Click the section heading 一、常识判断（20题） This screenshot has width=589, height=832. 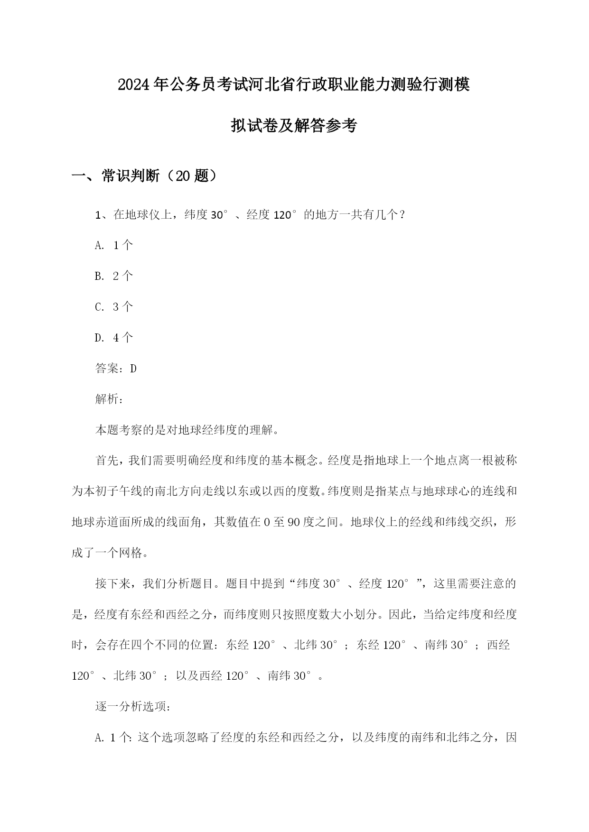(x=145, y=176)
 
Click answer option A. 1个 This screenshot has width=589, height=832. (x=114, y=245)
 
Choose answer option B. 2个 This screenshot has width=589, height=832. (x=114, y=276)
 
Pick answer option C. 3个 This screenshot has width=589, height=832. (x=114, y=307)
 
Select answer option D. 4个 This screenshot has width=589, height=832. (x=114, y=338)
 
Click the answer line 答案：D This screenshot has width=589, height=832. (x=116, y=369)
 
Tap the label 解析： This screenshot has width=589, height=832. (x=110, y=399)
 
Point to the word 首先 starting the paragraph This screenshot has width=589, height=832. (x=107, y=461)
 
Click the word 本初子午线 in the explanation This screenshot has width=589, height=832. (x=113, y=491)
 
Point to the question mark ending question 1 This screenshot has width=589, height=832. (x=402, y=215)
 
